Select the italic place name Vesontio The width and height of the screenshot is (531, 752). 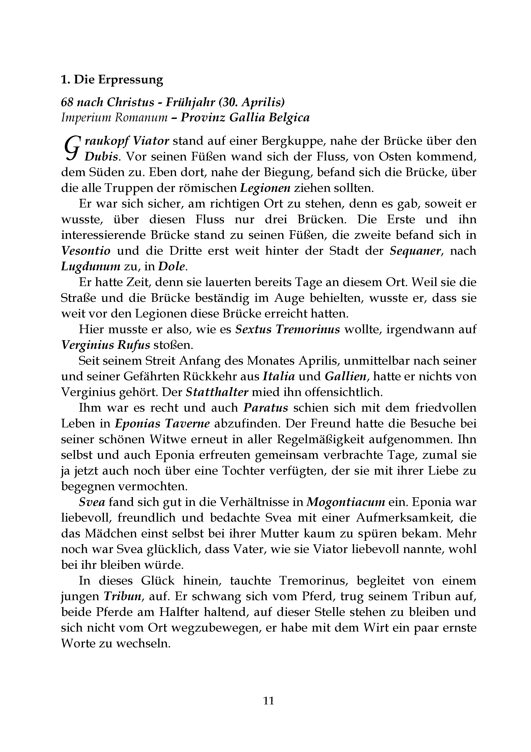click(x=86, y=251)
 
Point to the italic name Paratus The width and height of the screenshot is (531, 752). click(x=266, y=408)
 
